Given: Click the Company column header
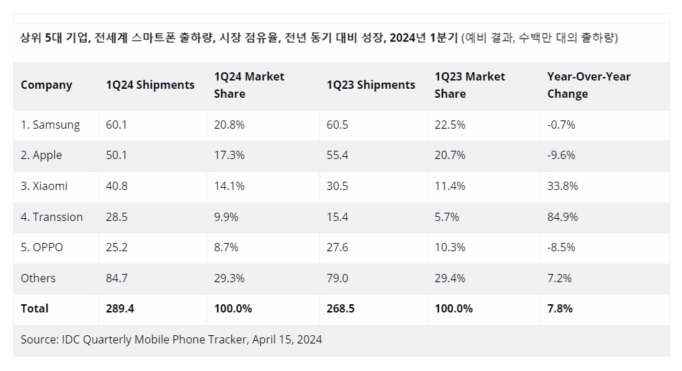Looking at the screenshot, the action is coord(47,85).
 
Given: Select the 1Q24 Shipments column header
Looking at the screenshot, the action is coord(150,85).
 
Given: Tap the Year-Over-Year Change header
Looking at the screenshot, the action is coord(589,85).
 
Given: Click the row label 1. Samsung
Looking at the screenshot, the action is coord(50,125).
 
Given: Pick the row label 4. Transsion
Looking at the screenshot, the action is coord(52,217).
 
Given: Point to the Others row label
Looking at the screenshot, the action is coord(39,278).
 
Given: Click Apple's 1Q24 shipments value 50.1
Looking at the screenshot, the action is coord(116,156).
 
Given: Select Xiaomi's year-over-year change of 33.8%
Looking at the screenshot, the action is coord(562,186).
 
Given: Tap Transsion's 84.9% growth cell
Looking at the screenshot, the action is coord(562,217).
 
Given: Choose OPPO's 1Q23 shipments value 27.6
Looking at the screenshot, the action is coord(337,248).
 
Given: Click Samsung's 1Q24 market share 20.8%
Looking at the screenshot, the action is coord(229,125).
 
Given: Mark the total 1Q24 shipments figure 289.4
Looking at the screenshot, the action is coord(120,309).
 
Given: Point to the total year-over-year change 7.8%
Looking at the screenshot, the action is coord(560,309).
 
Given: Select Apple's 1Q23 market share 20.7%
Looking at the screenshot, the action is coord(450,156).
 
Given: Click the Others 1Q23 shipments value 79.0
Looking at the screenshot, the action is coord(337,278).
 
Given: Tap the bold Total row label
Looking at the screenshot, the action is coord(34,309).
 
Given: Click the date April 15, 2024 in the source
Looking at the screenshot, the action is coord(287,340).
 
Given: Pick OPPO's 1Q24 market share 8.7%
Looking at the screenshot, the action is coord(226,248).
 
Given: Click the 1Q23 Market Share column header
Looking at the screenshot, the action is coord(470,85).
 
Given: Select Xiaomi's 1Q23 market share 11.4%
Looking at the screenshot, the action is coord(450,186).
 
